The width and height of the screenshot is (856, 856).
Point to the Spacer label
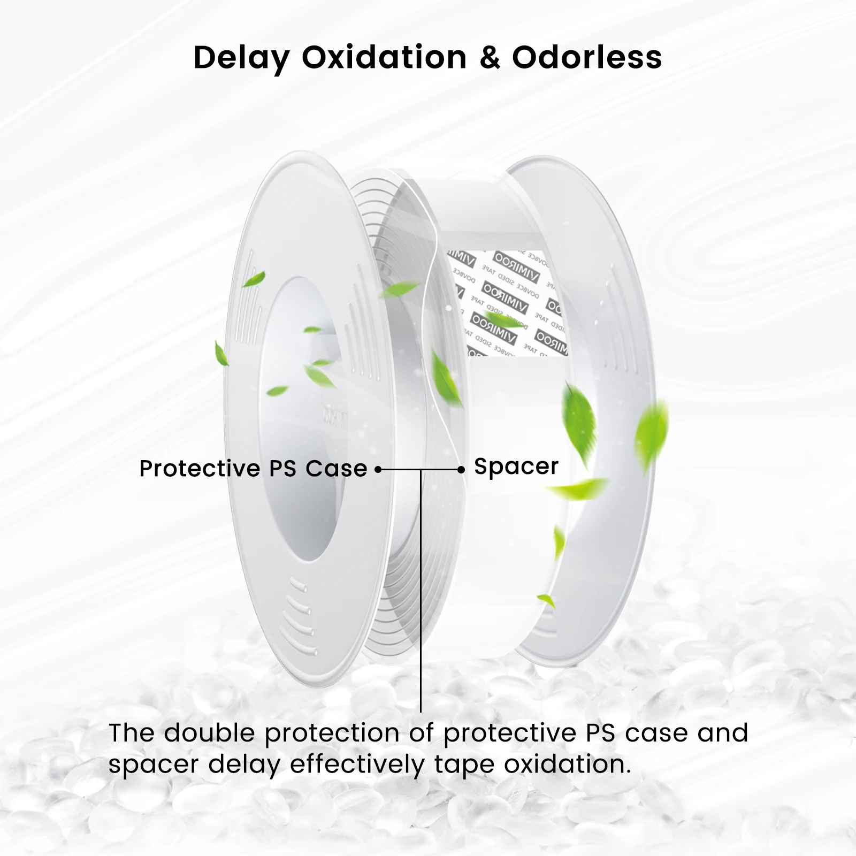coord(516,467)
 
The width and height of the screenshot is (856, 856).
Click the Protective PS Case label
coord(253,469)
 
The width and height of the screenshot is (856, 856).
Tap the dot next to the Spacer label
coord(461,470)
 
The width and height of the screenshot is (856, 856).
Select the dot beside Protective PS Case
coord(378,470)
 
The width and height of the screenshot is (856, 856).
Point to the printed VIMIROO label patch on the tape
coord(506,302)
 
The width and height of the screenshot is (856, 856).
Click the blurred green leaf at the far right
coord(651,431)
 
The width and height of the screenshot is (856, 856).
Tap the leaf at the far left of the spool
coord(221,353)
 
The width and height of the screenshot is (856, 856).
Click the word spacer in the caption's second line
coord(153,765)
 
